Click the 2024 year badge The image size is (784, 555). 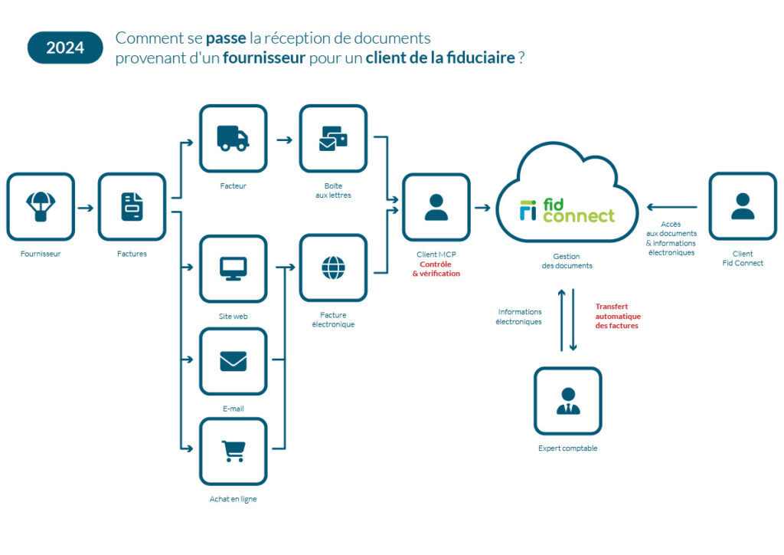click(65, 48)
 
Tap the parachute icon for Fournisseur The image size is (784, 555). click(41, 206)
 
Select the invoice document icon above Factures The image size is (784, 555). click(132, 207)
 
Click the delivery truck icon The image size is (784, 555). click(233, 139)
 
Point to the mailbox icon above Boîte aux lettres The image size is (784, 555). click(333, 139)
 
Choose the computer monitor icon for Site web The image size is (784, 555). click(233, 268)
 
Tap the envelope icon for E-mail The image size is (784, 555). click(233, 361)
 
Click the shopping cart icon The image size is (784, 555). click(233, 451)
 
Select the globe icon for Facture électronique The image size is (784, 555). click(333, 268)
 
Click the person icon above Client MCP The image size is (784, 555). click(436, 207)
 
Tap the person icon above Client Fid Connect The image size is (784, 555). click(742, 206)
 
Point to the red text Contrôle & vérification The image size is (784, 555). click(436, 269)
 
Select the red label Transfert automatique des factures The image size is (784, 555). click(618, 316)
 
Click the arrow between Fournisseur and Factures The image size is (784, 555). click(86, 207)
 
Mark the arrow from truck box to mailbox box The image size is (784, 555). click(283, 140)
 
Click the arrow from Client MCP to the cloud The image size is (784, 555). click(482, 207)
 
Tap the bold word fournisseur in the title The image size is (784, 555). click(264, 58)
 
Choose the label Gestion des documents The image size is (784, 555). click(567, 261)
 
